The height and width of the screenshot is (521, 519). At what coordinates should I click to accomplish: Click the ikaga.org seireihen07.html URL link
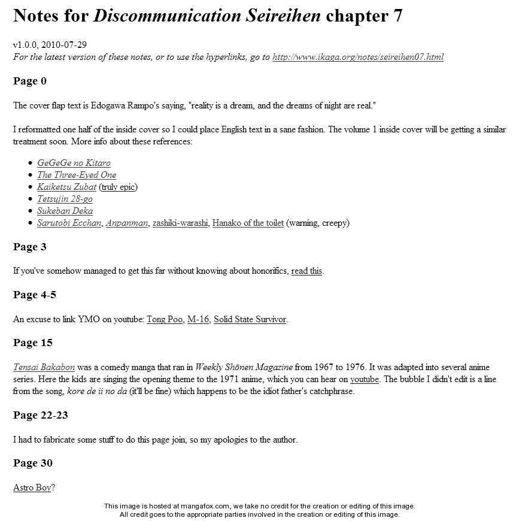[x=357, y=57]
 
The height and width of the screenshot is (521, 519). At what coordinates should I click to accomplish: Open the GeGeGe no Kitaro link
[x=74, y=163]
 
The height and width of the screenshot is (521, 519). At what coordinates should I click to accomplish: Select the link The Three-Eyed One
[x=77, y=175]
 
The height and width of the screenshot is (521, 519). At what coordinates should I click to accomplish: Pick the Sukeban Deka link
[x=65, y=211]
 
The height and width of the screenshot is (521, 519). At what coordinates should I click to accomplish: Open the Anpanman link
[x=126, y=223]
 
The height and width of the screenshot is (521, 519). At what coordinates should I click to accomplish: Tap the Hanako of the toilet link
[x=248, y=223]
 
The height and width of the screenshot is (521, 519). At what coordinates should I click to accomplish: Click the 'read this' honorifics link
[x=306, y=271]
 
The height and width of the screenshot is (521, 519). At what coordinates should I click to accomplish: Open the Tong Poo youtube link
[x=165, y=319]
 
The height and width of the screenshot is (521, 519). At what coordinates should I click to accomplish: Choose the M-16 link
[x=198, y=319]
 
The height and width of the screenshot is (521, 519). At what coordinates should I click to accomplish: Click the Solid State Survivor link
[x=250, y=319]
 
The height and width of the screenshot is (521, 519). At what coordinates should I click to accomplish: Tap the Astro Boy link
[x=32, y=487]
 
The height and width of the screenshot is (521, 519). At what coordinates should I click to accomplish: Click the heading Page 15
[x=33, y=343]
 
